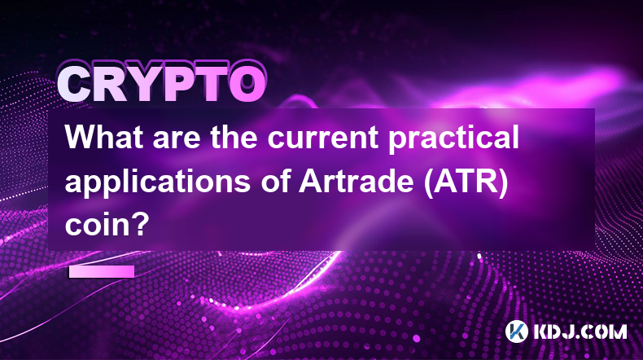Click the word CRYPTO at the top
coord(161,83)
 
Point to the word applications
coord(158,183)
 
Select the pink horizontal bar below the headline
coord(102,271)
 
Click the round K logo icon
coord(517,331)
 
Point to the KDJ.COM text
coord(580,331)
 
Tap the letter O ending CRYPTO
coord(247,85)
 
